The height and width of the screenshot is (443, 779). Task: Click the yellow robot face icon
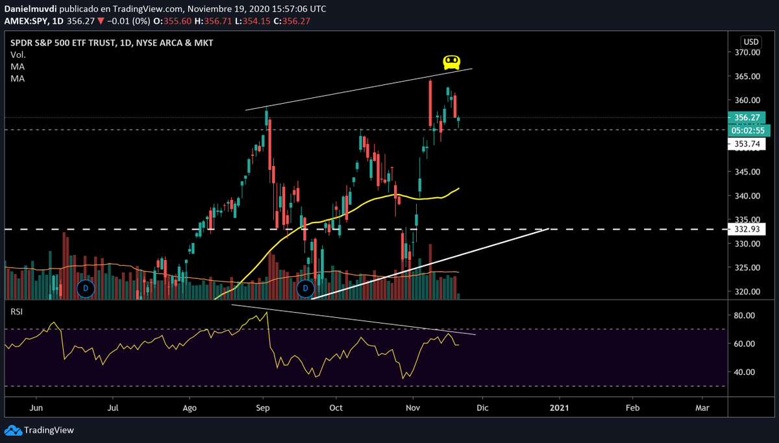(x=452, y=62)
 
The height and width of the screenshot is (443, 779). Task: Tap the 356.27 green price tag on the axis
(x=745, y=117)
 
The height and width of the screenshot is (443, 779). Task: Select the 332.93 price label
(x=745, y=229)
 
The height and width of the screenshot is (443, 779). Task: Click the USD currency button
(x=751, y=42)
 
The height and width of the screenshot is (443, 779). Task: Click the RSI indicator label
(x=17, y=312)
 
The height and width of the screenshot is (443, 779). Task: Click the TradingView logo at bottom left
(x=40, y=430)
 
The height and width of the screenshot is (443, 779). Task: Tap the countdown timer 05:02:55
(x=747, y=130)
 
